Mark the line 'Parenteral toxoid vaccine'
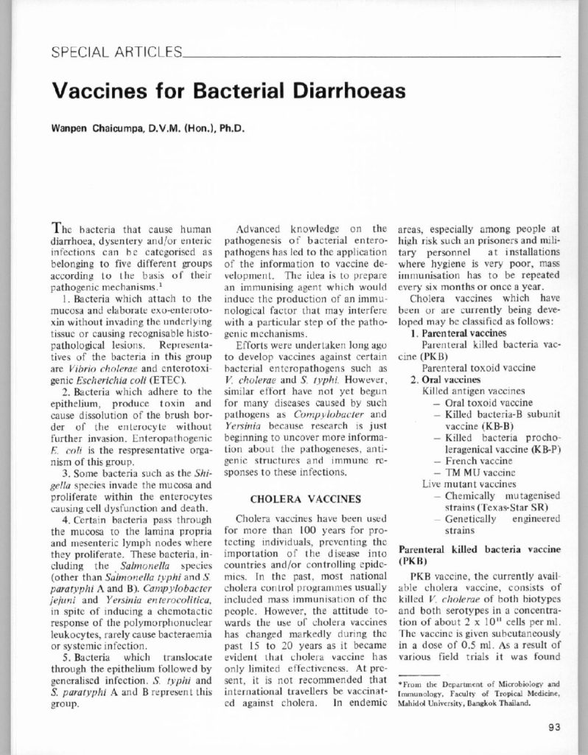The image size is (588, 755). point(472,367)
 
